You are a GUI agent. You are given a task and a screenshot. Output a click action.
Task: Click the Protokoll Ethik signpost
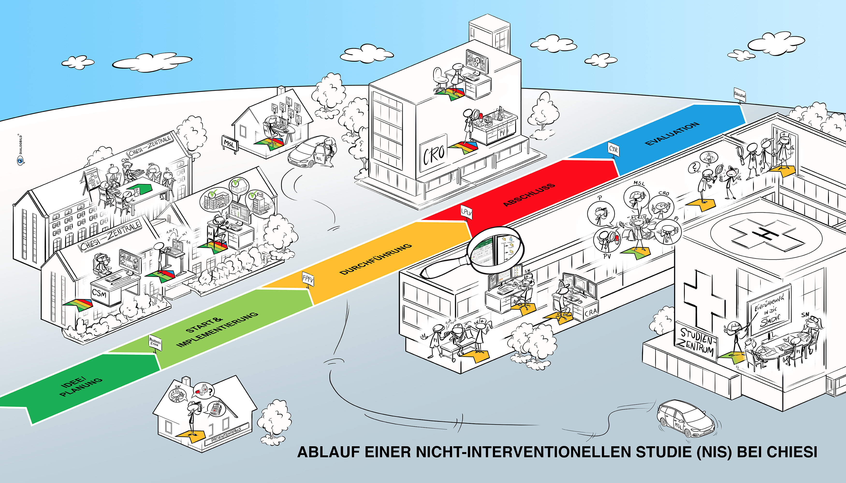tap(155, 343)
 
